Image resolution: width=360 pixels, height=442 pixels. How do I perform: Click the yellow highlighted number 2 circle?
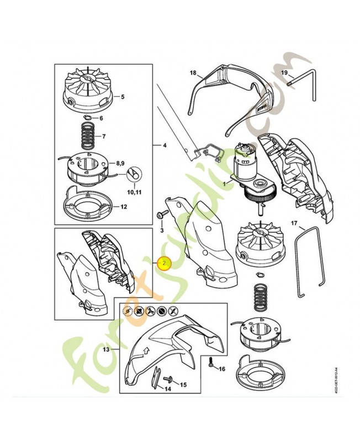[x=164, y=264]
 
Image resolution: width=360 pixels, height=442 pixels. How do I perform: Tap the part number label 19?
[x=284, y=73]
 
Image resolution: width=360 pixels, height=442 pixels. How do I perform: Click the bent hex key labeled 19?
[x=303, y=78]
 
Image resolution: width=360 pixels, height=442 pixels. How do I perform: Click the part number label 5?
[x=122, y=97]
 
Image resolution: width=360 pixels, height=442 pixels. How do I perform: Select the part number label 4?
[x=163, y=145]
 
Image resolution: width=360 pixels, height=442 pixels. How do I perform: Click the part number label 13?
[x=108, y=350]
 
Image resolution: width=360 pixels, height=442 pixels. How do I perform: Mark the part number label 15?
[x=183, y=384]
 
